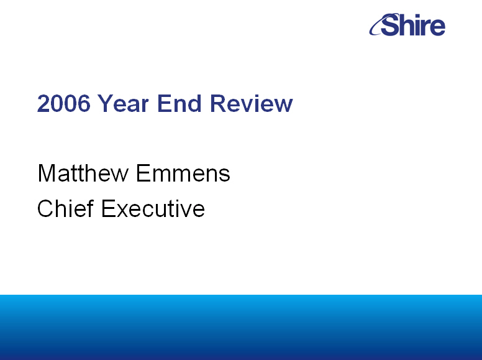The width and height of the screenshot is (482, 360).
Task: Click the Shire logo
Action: (x=407, y=25)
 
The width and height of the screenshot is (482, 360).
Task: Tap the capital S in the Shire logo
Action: (x=391, y=25)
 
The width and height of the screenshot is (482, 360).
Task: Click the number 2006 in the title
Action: (x=63, y=103)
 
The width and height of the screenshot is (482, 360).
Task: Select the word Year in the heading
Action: (x=123, y=103)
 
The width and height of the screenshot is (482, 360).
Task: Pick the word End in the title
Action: (x=180, y=103)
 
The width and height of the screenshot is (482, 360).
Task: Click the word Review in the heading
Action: (x=251, y=103)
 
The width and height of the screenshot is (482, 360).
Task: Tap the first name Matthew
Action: (x=83, y=173)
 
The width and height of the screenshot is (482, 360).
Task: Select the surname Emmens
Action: (x=183, y=173)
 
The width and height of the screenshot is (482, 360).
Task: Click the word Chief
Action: (x=65, y=208)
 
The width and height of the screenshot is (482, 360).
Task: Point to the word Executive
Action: (x=153, y=208)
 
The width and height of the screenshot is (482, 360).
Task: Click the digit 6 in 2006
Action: (x=84, y=103)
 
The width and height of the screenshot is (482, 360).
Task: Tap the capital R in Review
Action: (x=217, y=103)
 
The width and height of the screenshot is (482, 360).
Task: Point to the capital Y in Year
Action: (x=106, y=103)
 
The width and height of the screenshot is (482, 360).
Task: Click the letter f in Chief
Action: (x=90, y=208)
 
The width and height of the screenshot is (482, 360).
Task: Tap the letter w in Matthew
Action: (x=120, y=175)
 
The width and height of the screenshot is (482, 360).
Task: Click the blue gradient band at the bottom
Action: (x=241, y=328)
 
